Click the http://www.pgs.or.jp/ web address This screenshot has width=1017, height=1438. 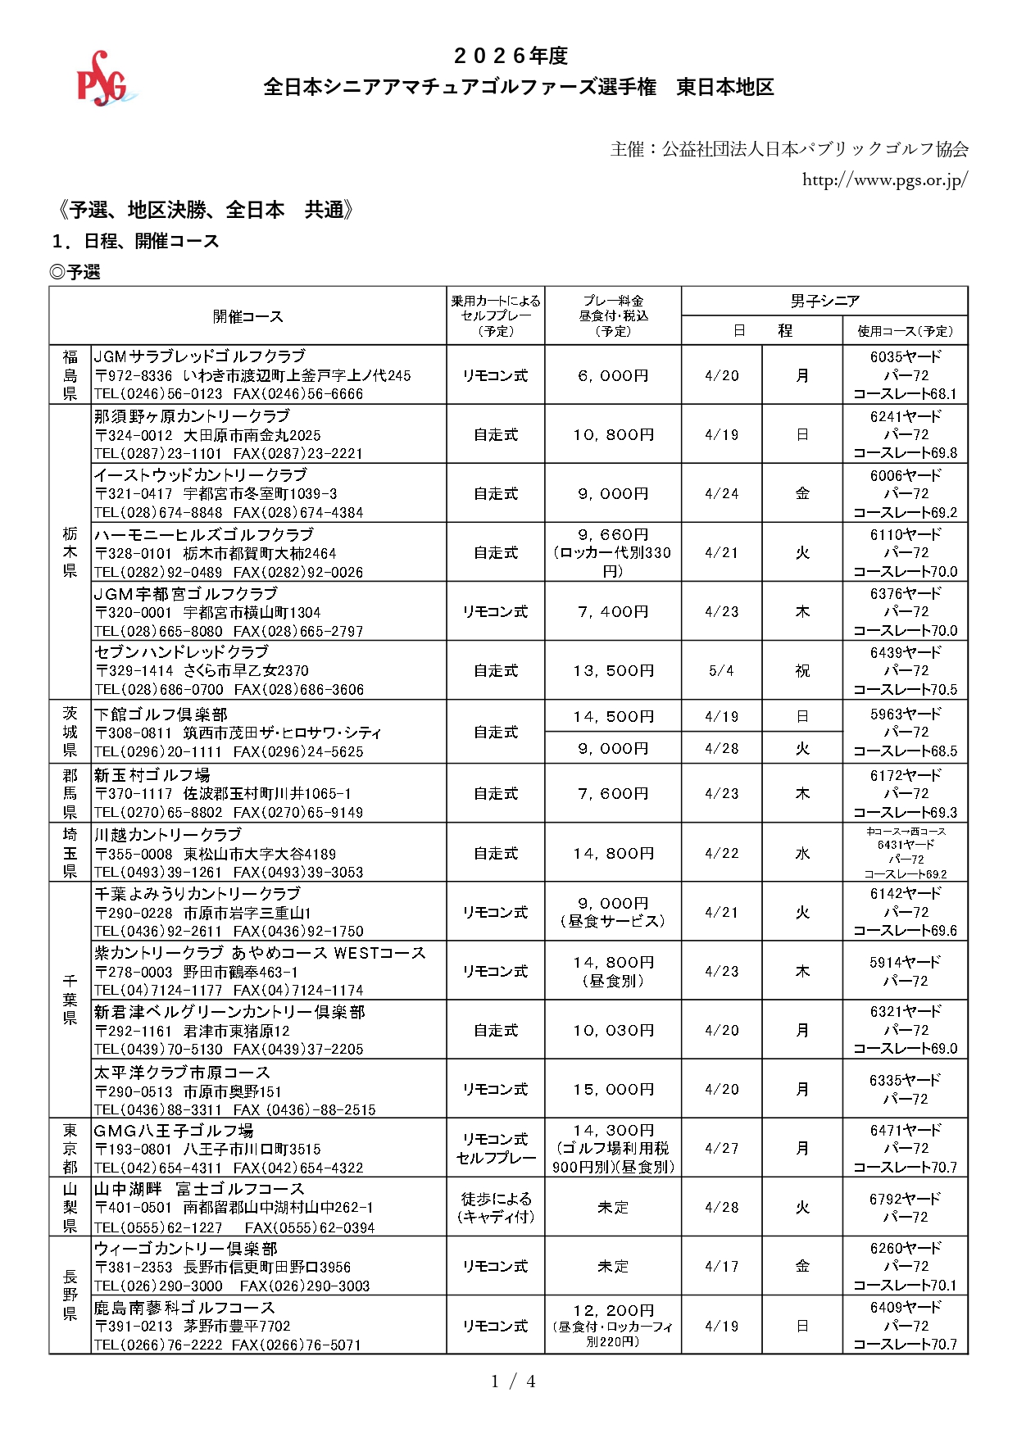tap(884, 179)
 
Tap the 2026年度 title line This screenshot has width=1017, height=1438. tap(511, 56)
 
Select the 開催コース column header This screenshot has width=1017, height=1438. tap(247, 316)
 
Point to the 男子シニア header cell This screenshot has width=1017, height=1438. tap(824, 301)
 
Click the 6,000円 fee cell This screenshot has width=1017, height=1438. tap(612, 375)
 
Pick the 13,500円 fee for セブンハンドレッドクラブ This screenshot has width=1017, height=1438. tap(612, 670)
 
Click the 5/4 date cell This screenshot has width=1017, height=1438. tap(721, 670)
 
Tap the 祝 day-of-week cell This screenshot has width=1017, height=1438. tap(802, 670)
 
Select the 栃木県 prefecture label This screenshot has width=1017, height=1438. tap(70, 552)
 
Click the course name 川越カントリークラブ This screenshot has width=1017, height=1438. tap(168, 834)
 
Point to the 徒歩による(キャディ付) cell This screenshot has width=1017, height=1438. tap(495, 1207)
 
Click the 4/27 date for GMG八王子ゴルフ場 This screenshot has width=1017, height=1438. tap(721, 1148)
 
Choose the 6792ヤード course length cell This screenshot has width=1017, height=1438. tap(905, 1199)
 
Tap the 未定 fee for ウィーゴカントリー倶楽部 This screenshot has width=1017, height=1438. tap(612, 1266)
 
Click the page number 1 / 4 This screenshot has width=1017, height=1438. tap(513, 1381)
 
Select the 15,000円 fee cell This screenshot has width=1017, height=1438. tap(612, 1089)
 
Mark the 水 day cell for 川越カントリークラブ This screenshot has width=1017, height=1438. tap(802, 853)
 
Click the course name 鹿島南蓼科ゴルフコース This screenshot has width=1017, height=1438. tap(184, 1307)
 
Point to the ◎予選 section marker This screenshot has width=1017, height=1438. tap(75, 272)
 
